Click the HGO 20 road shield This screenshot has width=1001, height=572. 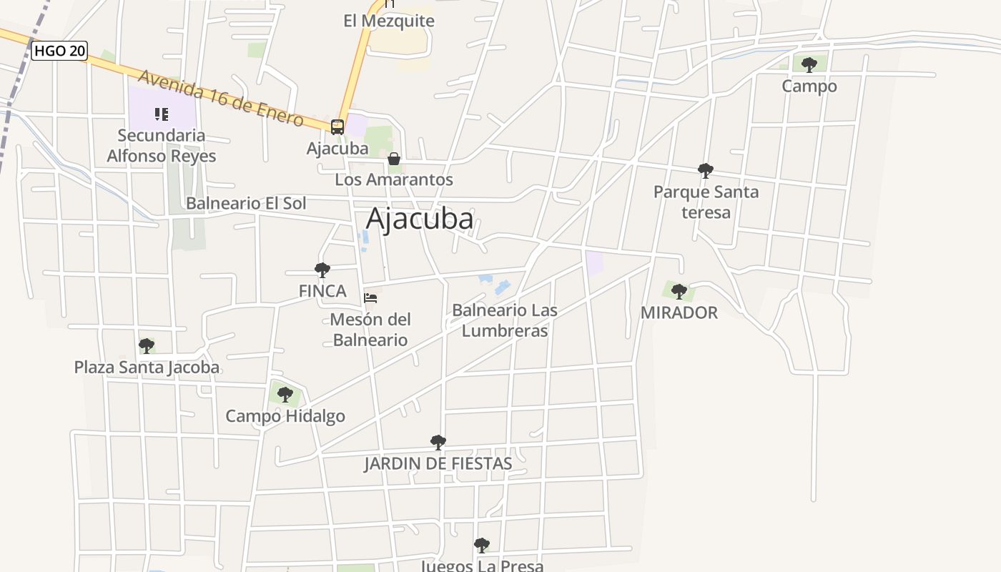(59, 51)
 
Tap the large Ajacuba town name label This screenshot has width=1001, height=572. (420, 219)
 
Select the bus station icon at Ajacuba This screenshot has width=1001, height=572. (337, 127)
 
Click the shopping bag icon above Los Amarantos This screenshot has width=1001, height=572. (394, 159)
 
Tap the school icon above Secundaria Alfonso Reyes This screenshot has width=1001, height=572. (162, 114)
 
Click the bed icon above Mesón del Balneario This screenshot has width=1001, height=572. (370, 297)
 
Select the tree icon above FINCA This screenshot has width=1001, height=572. (322, 270)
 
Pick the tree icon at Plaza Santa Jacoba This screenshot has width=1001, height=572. (147, 346)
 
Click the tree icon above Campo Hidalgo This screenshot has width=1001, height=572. (285, 394)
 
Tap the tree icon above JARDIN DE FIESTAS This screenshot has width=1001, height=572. (438, 443)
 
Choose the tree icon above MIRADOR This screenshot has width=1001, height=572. (679, 291)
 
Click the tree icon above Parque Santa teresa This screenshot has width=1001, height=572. (706, 170)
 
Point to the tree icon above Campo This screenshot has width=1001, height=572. (809, 65)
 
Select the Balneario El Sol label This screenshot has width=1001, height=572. (246, 203)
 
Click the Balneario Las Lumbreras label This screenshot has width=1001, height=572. (505, 320)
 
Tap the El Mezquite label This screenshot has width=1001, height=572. (389, 21)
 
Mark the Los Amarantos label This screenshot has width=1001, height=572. (394, 179)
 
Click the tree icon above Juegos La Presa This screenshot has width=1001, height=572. (482, 546)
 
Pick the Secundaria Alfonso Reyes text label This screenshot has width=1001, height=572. (162, 145)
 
